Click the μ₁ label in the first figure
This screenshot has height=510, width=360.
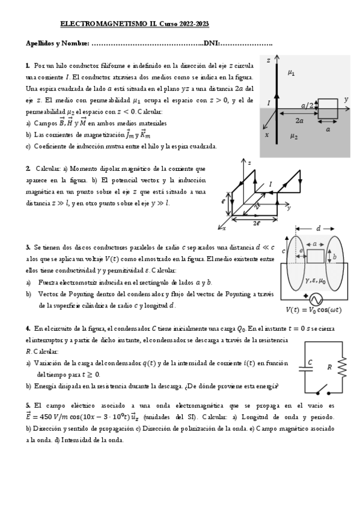(x=291, y=73)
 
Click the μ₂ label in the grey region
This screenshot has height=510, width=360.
(x=293, y=137)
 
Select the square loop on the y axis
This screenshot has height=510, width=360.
(x=328, y=109)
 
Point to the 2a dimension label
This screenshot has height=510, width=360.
(x=298, y=120)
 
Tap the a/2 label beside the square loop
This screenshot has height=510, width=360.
(x=307, y=105)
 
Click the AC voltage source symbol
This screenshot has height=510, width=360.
(x=316, y=299)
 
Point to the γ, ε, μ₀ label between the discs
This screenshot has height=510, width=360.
(x=316, y=280)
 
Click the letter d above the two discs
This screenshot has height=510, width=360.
(x=318, y=229)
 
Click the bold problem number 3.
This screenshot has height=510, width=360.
(x=28, y=247)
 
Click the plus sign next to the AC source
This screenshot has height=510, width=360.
(x=306, y=295)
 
